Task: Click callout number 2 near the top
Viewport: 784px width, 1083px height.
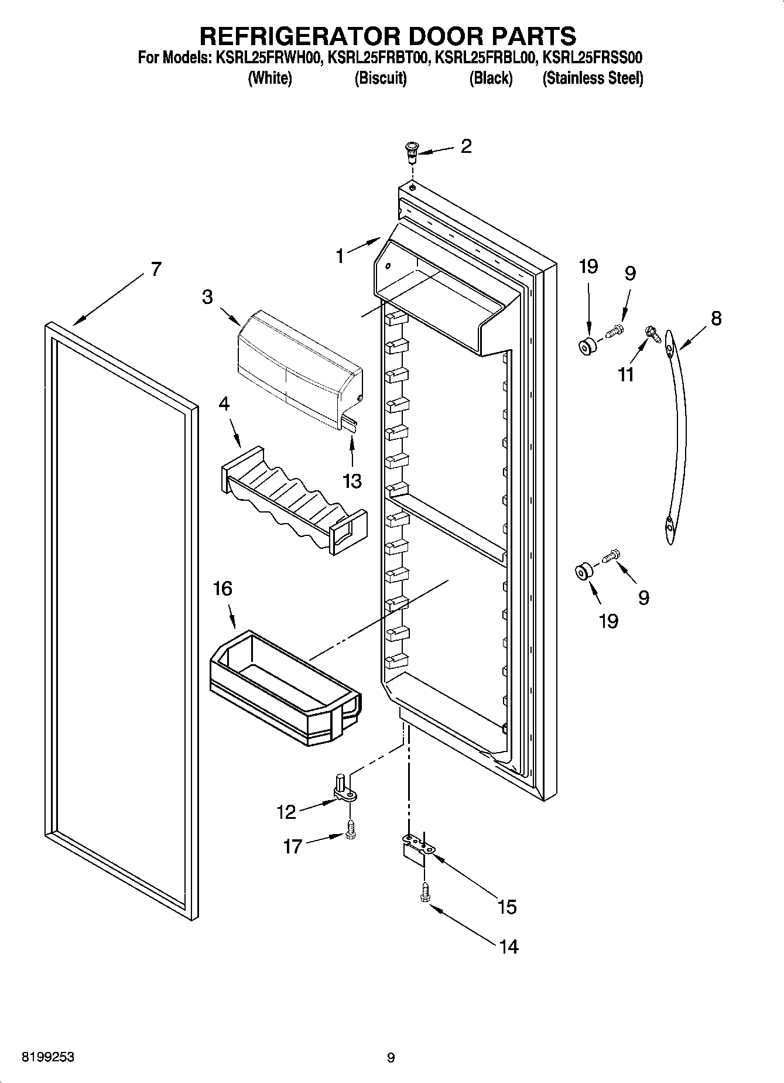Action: [x=465, y=146]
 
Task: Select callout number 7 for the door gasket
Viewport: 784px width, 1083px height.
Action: [x=155, y=269]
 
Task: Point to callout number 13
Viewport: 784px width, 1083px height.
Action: [x=352, y=481]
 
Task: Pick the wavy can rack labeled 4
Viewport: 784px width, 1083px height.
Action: [x=293, y=498]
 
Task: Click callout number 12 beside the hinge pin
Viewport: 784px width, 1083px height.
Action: [x=286, y=812]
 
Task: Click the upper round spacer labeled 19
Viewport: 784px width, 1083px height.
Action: [x=587, y=346]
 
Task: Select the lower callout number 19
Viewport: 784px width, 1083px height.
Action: [x=608, y=620]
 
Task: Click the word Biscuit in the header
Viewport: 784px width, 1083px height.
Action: [x=381, y=78]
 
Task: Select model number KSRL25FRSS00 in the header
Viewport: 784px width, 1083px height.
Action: [x=593, y=58]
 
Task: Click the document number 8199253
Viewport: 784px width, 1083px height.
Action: [x=48, y=1057]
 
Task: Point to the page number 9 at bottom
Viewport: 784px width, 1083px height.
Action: [x=391, y=1057]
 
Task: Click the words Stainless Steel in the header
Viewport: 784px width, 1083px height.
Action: [x=593, y=78]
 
